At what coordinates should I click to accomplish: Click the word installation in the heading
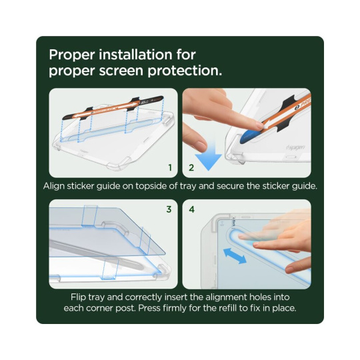[135, 55]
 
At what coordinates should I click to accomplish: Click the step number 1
[170, 167]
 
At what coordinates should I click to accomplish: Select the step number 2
[191, 167]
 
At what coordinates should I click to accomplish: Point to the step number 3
[169, 209]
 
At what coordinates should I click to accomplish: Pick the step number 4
[192, 209]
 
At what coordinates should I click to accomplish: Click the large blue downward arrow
[208, 157]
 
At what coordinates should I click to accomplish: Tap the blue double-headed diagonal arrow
[235, 256]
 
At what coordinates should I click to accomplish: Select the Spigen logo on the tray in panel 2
[295, 147]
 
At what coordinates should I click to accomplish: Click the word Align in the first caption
[54, 186]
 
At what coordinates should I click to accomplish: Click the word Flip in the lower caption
[79, 297]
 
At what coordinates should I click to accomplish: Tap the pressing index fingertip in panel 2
[258, 125]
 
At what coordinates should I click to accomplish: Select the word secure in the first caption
[230, 186]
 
